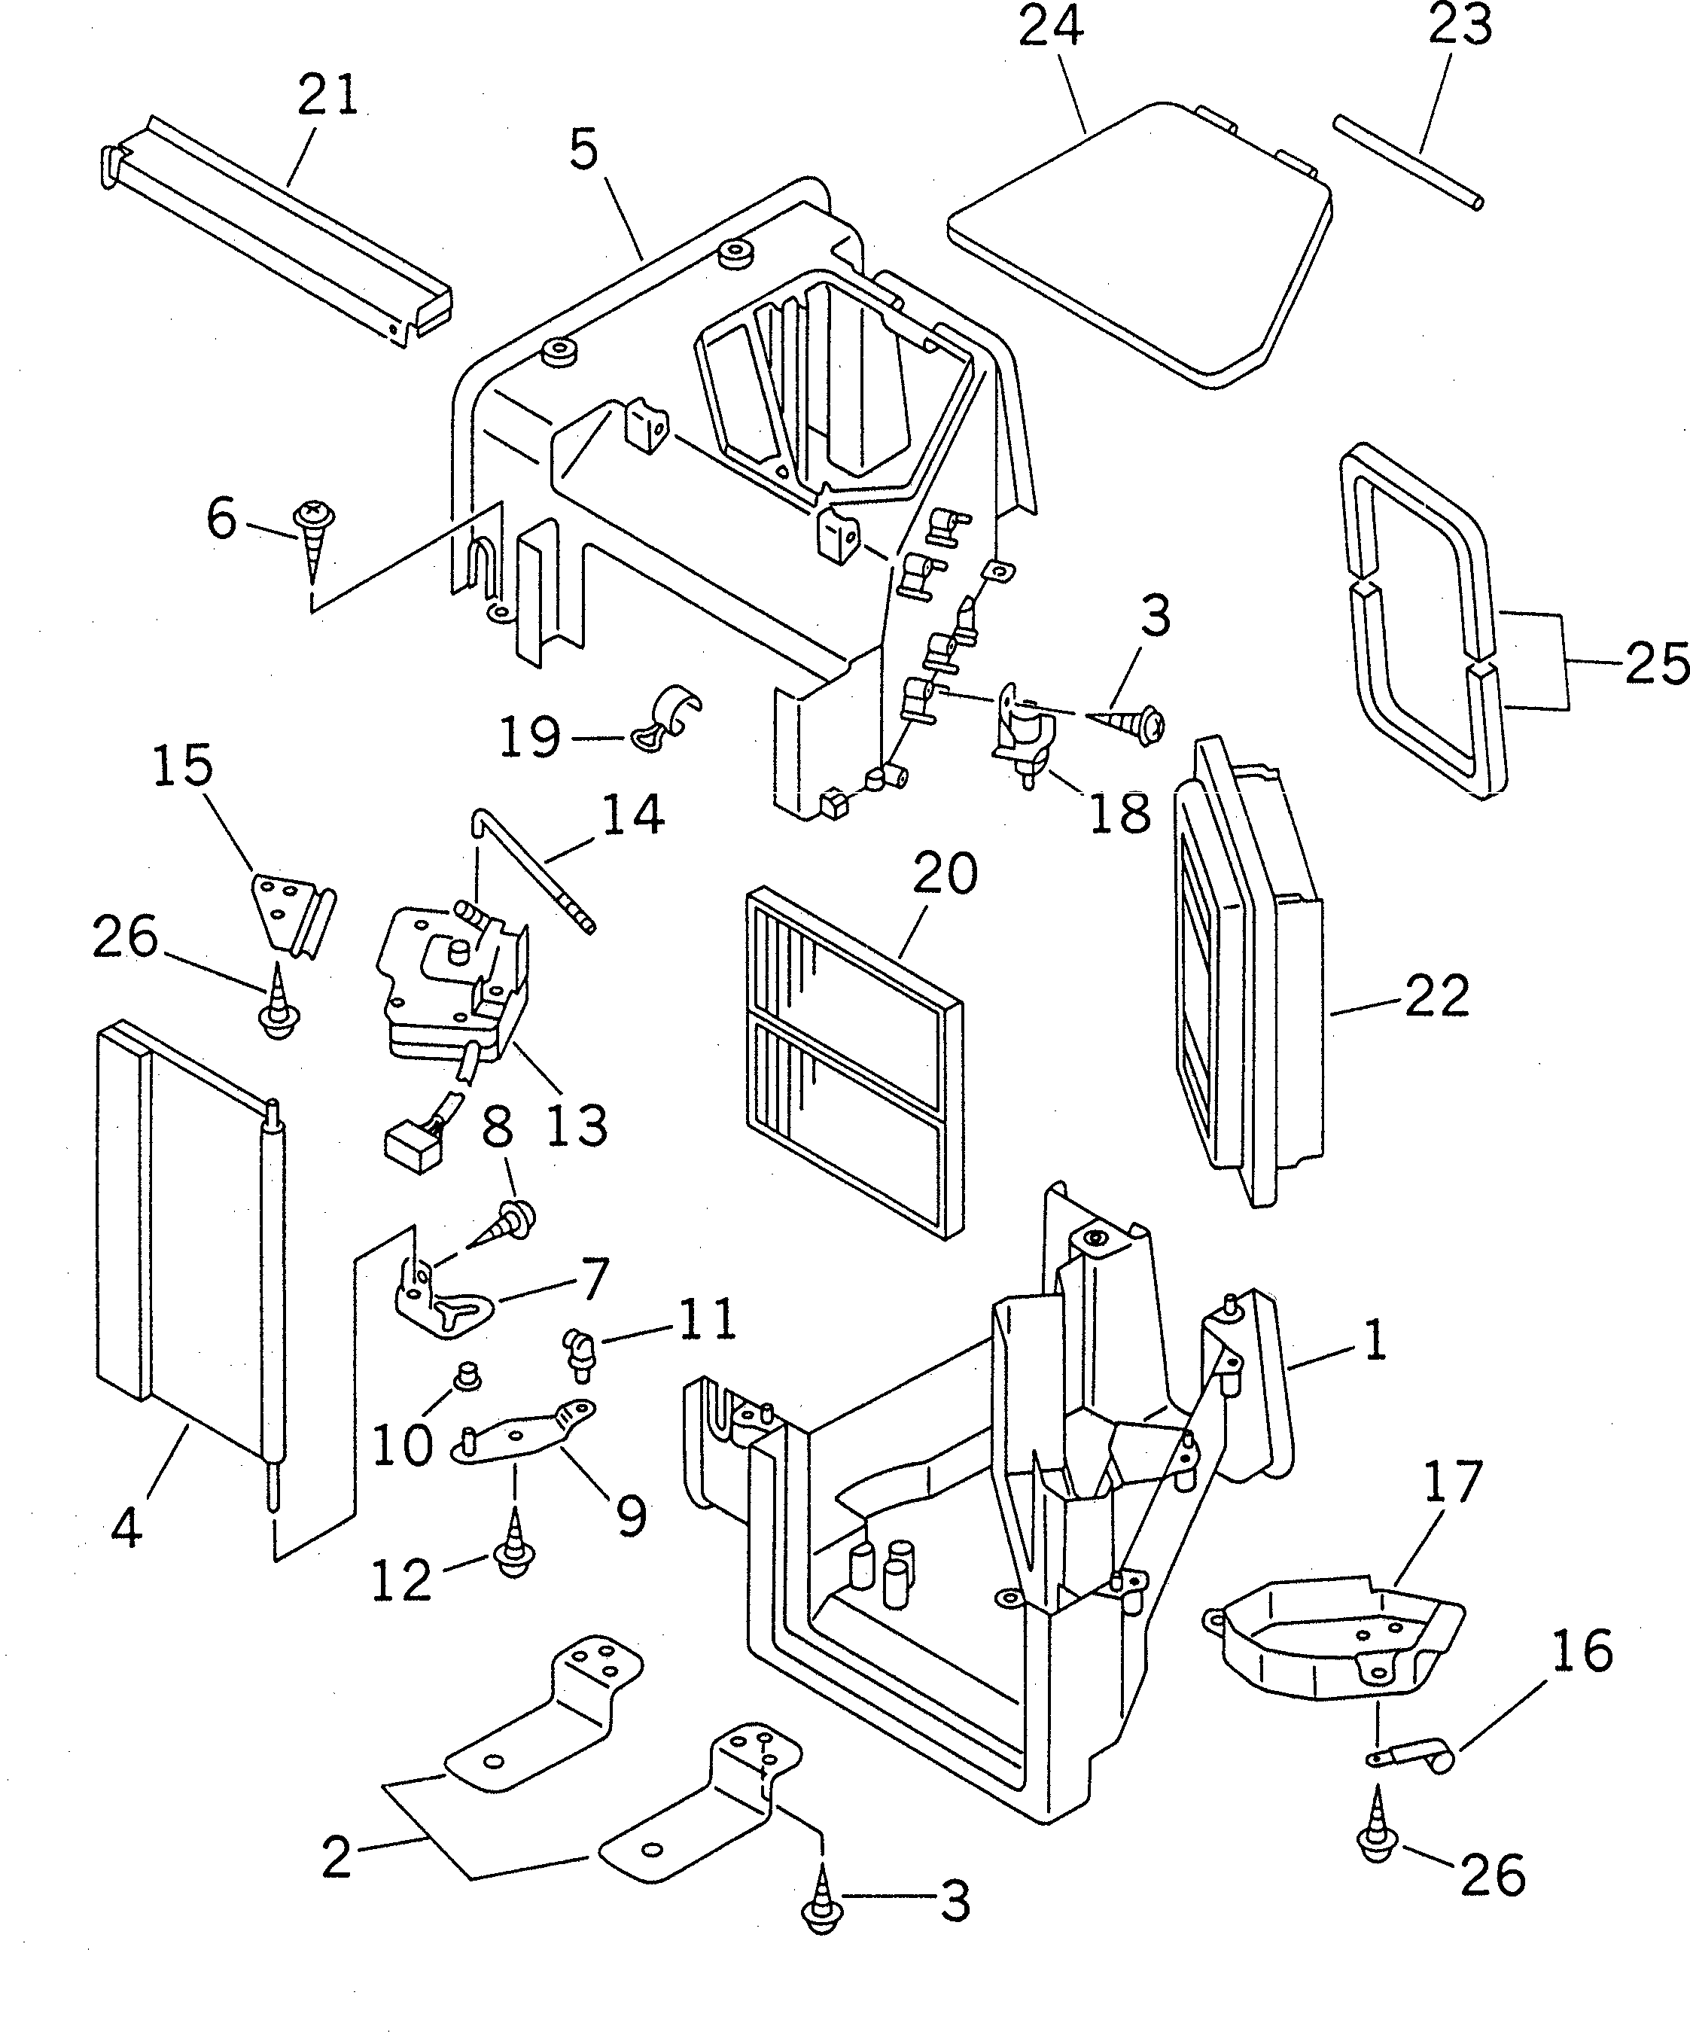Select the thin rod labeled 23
[1408, 162]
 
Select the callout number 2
[336, 1858]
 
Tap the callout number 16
[1582, 1651]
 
